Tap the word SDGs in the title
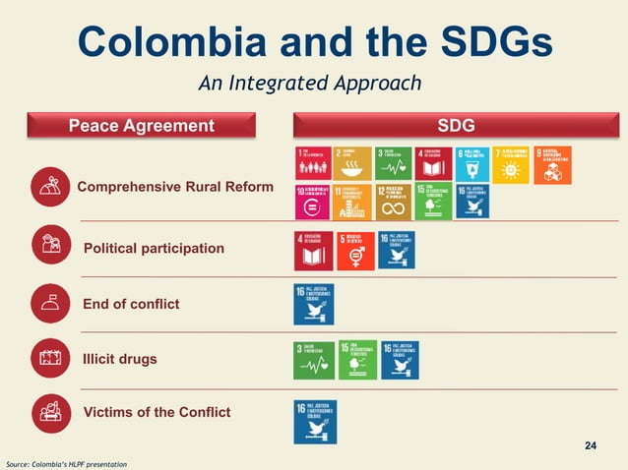(492, 41)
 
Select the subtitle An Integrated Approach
(310, 84)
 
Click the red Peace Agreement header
(141, 126)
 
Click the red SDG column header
(456, 126)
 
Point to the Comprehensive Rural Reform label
(175, 187)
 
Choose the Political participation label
(154, 248)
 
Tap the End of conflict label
(131, 304)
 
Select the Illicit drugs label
(120, 359)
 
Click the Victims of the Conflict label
(157, 412)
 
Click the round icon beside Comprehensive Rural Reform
(49, 187)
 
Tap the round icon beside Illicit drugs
(49, 359)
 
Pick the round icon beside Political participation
(49, 245)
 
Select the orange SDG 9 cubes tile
(552, 164)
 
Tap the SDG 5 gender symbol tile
(355, 251)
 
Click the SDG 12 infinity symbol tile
(394, 202)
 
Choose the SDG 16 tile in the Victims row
(315, 421)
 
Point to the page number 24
(591, 447)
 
